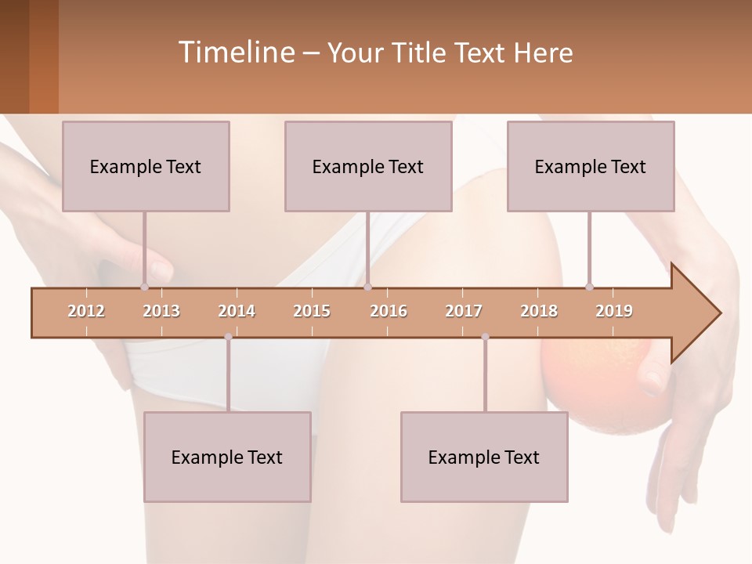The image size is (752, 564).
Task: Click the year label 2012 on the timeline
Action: coord(86,311)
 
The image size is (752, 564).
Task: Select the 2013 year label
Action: coord(161,311)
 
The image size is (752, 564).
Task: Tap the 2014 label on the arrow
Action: coord(237,311)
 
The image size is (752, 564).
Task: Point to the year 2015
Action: coord(312,311)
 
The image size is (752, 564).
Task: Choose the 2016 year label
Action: coord(389,311)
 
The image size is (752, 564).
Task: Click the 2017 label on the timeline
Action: coord(464,311)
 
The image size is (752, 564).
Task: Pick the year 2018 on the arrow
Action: coord(539,311)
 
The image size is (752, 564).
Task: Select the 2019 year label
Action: coord(614,311)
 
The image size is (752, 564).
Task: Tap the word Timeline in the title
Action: coord(236,52)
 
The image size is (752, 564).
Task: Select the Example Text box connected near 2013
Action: coord(146,166)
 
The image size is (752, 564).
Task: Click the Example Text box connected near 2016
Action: coord(368,166)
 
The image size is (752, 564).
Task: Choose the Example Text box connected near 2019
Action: coord(591,166)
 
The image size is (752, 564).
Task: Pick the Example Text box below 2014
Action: coord(227,457)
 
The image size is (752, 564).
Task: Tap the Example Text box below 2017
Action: coord(484,457)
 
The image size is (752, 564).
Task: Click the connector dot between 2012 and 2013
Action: coord(144,287)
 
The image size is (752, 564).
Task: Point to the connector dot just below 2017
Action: coord(485,337)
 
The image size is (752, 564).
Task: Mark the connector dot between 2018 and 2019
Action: coord(589,287)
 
